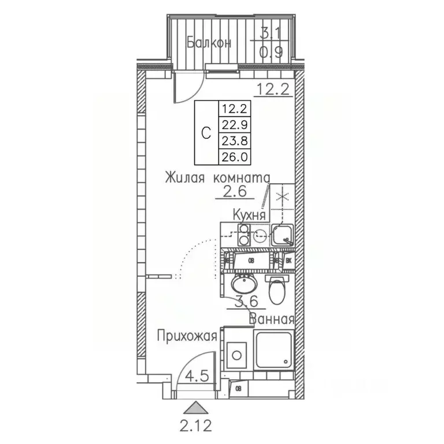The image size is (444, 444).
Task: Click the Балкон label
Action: click(209, 43)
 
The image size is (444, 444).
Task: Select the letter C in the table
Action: click(206, 132)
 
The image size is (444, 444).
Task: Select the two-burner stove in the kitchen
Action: click(243, 235)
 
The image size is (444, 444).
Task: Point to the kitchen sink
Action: click(282, 235)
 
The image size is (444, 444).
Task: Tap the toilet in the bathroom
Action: click(277, 289)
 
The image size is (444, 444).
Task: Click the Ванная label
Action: click(272, 319)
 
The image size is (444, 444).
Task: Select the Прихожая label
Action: click(188, 336)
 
